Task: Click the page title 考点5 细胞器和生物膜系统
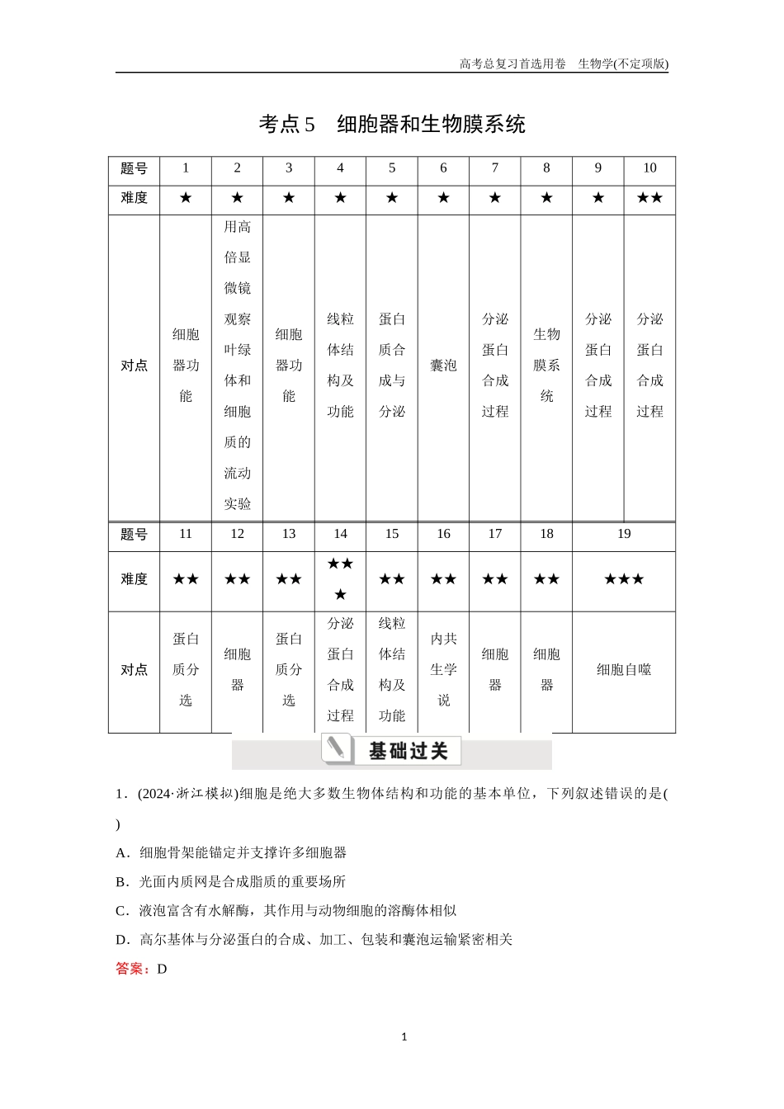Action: (392, 125)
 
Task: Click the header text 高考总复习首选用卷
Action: (512, 64)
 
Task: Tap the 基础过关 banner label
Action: (408, 751)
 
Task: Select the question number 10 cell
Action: (649, 168)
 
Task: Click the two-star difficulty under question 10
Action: (649, 198)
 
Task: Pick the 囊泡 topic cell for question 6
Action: (443, 366)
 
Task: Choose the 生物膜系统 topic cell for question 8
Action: (546, 366)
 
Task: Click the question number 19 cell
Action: (624, 535)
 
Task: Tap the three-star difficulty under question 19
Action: (624, 579)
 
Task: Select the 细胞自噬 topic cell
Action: (624, 670)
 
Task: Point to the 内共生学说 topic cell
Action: (443, 670)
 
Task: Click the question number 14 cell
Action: (340, 535)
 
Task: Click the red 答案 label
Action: (132, 969)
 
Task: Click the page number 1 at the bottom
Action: (404, 1037)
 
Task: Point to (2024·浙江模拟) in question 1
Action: (187, 794)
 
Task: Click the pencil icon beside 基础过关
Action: (336, 748)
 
